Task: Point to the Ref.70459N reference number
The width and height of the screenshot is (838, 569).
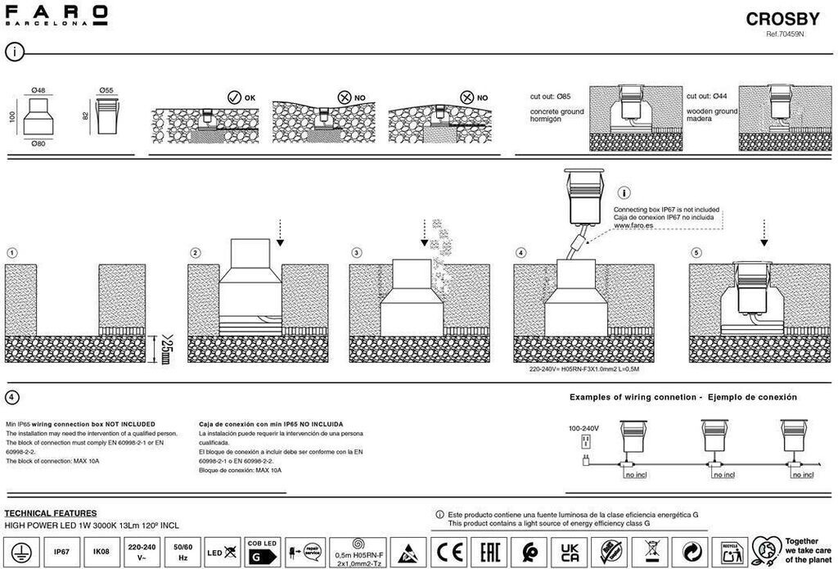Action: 785,35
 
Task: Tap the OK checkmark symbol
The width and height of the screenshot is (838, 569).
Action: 234,97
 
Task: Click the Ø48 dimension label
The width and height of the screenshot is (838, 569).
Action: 38,90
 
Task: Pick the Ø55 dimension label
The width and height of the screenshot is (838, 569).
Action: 106,90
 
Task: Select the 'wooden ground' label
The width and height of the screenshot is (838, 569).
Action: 712,111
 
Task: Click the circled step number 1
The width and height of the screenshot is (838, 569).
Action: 11,252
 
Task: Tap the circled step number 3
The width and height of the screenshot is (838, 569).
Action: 357,252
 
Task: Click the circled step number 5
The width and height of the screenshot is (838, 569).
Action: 696,252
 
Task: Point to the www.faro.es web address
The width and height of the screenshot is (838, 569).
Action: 631,224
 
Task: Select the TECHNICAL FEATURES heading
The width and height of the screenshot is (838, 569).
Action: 51,513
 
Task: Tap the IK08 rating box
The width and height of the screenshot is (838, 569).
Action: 101,552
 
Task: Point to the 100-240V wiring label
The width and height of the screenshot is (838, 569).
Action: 583,428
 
